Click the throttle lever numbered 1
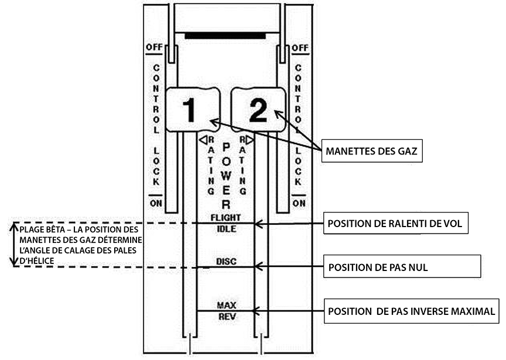coord(190,109)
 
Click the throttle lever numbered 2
coord(258,109)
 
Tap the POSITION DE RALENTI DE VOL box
coord(395,223)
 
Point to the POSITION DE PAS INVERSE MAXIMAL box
coord(412,311)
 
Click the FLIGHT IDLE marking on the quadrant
coord(225,223)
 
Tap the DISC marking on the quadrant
coord(226,262)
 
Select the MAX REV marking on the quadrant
coord(226,310)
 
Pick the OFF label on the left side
coord(153,47)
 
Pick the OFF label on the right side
coord(299,47)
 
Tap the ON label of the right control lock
coord(299,203)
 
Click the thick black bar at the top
coord(225,36)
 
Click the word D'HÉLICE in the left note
coord(36,260)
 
